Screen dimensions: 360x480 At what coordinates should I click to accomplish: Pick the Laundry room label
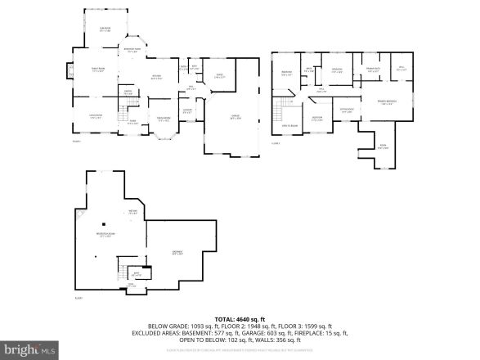click(x=186, y=110)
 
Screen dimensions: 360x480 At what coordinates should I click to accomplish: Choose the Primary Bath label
click(x=372, y=70)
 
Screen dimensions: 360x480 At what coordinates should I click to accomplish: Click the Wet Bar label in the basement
click(x=109, y=212)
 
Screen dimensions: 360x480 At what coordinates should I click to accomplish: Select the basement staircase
click(x=123, y=272)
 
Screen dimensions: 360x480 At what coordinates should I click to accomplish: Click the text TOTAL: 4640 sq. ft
click(x=239, y=319)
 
